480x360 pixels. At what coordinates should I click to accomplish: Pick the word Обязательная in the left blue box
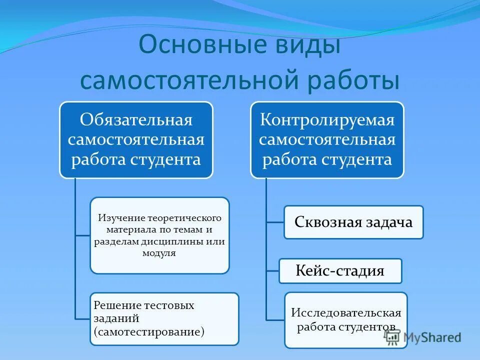(136, 120)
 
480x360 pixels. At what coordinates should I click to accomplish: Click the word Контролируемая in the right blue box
(327, 120)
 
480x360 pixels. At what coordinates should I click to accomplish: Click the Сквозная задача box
(353, 222)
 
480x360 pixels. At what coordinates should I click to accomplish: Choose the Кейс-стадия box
(340, 271)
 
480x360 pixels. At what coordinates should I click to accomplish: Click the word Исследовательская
(346, 313)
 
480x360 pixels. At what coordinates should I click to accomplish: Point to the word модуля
(159, 253)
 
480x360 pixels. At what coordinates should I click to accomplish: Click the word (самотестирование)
(148, 331)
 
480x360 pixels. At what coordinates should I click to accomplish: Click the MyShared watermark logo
(423, 337)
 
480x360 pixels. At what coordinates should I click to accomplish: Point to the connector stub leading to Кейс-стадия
(272, 270)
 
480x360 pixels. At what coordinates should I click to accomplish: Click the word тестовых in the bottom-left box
(169, 305)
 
